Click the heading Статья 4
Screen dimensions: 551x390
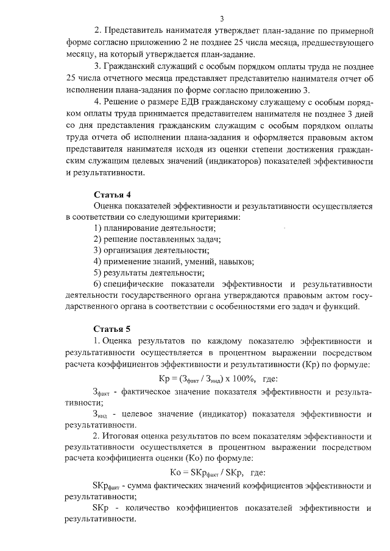coord(112,195)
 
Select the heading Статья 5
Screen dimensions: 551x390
coord(112,329)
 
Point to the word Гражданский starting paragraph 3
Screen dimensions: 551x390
coord(136,66)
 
